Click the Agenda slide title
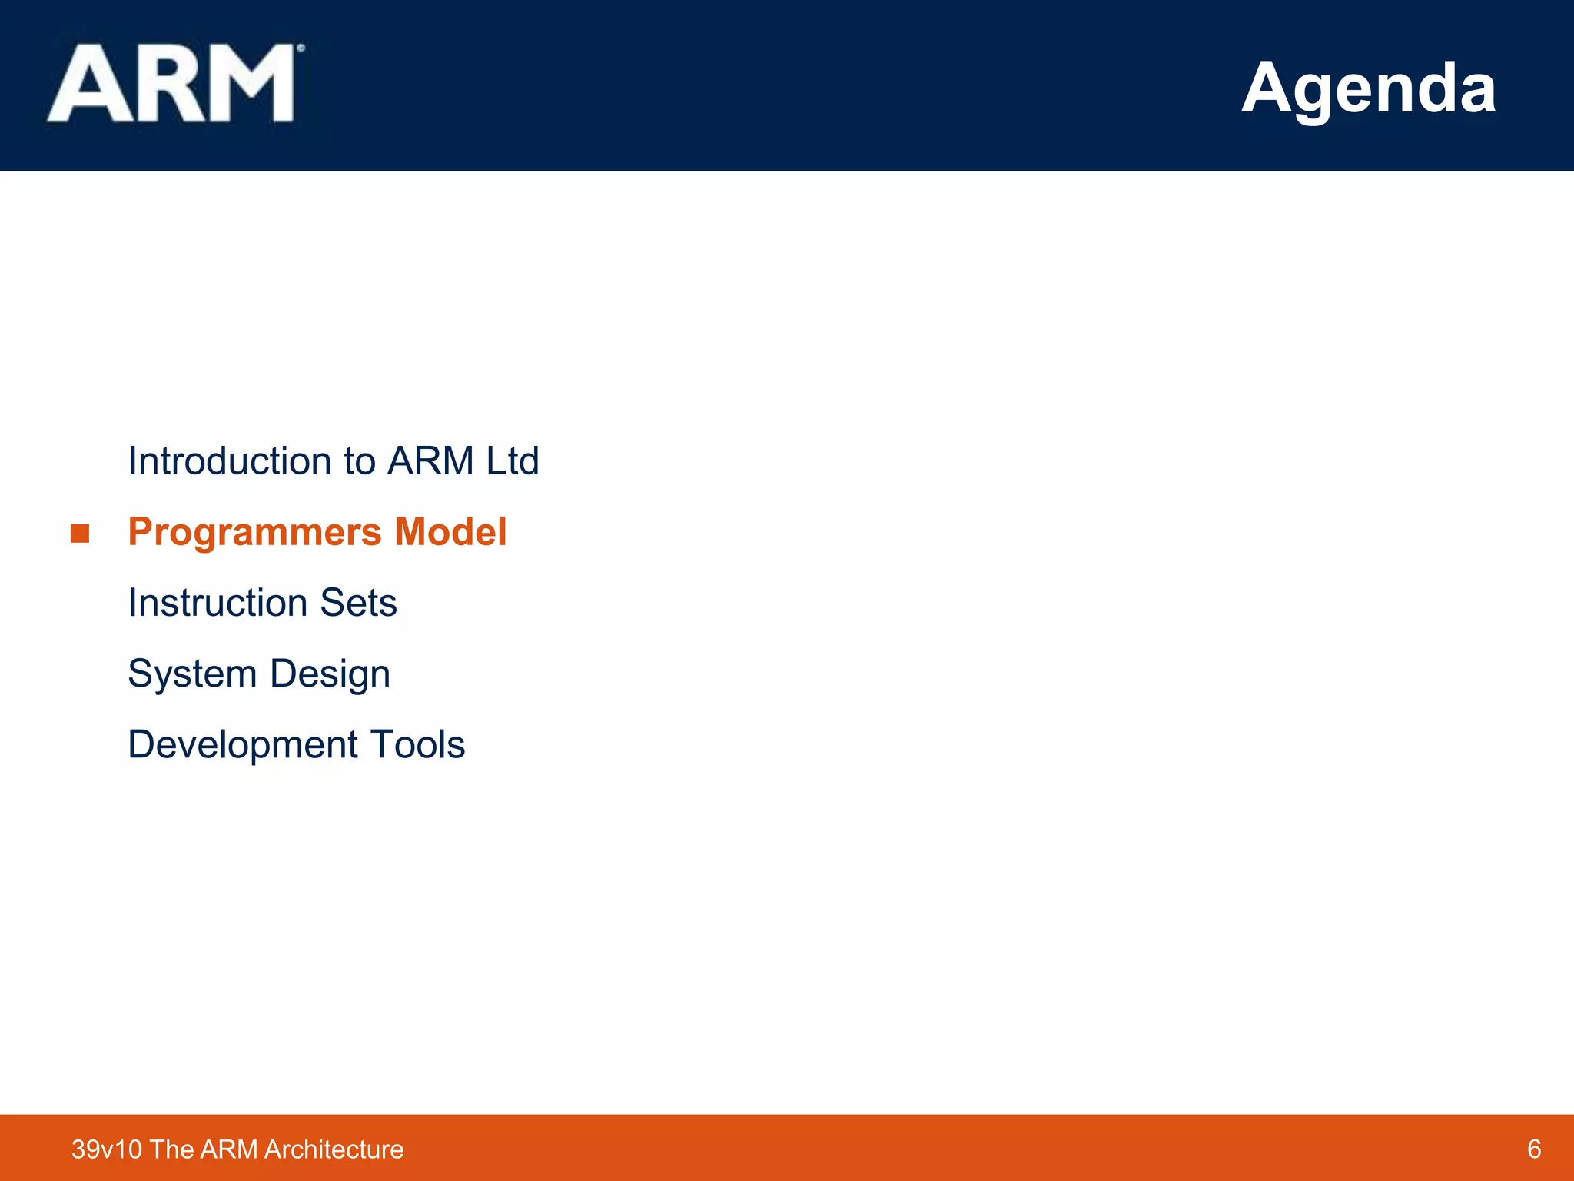click(x=1368, y=88)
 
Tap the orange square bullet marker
click(x=80, y=534)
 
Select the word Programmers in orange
click(x=254, y=532)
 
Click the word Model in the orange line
click(x=450, y=531)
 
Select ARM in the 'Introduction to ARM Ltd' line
click(x=430, y=461)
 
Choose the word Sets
click(x=358, y=603)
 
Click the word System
click(x=192, y=674)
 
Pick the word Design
click(x=330, y=674)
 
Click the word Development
click(x=243, y=745)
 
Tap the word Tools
click(x=417, y=745)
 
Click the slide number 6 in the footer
click(x=1534, y=1149)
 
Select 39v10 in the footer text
click(x=107, y=1149)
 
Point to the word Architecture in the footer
click(x=334, y=1149)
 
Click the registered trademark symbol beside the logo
click(x=301, y=48)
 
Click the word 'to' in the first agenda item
click(x=360, y=462)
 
